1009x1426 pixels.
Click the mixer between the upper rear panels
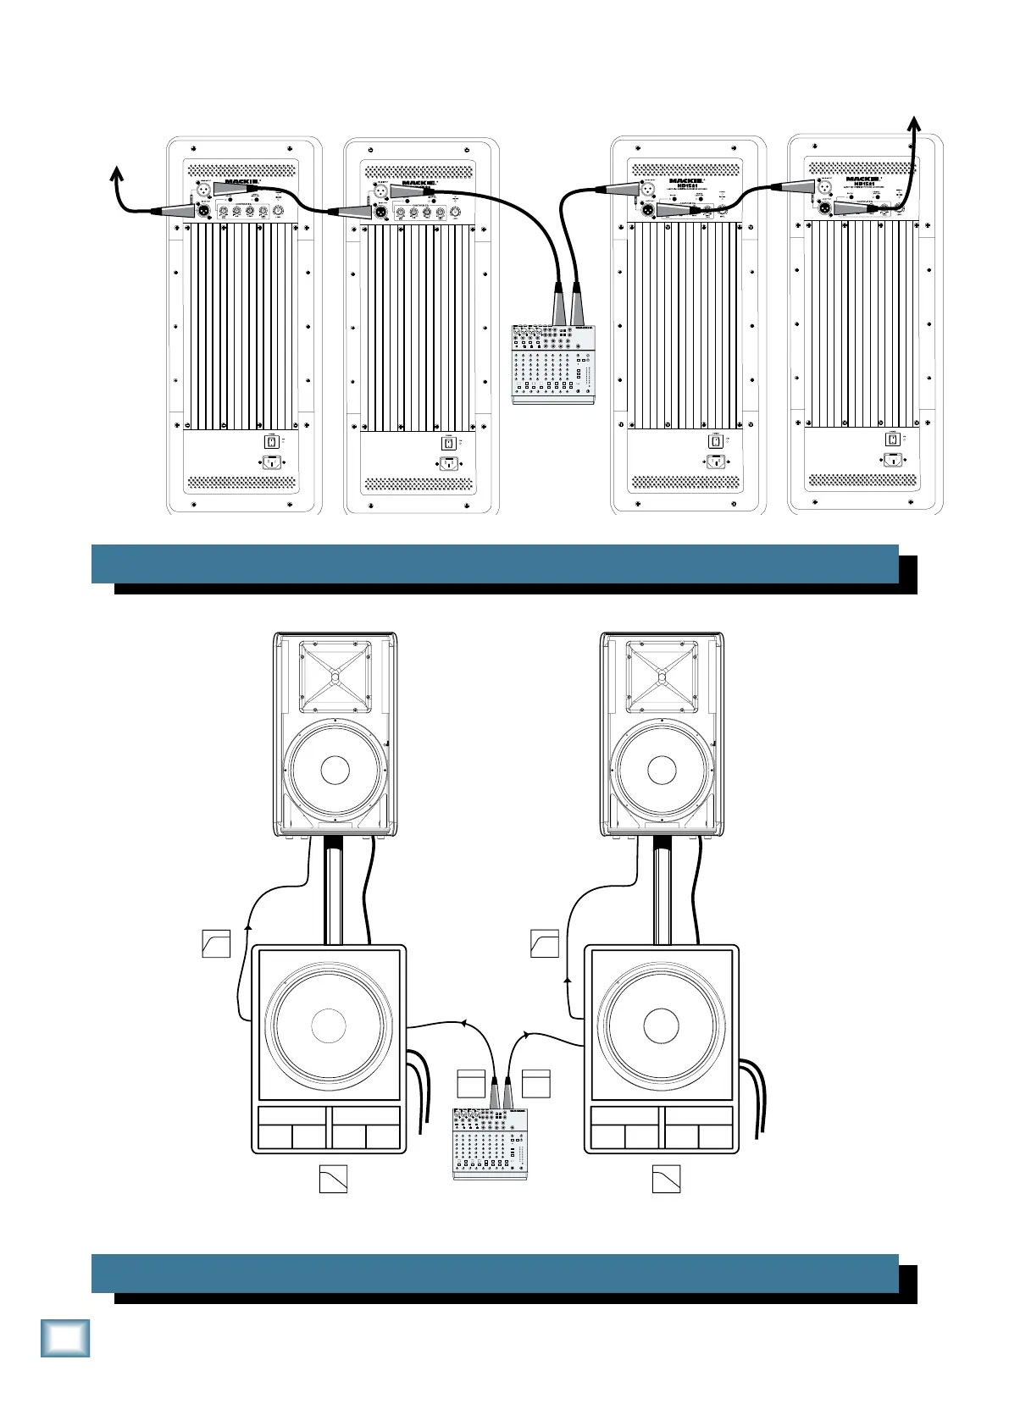click(x=554, y=363)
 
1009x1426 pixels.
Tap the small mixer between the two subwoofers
click(x=490, y=1142)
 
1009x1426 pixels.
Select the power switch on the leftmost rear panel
click(x=271, y=442)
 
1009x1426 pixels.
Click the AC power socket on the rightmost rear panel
click(x=892, y=460)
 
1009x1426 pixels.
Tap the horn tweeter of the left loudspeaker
click(x=335, y=677)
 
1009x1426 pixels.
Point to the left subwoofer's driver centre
click(x=329, y=1025)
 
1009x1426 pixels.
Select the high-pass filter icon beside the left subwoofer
click(x=216, y=943)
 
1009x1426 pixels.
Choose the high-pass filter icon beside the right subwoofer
click(x=544, y=943)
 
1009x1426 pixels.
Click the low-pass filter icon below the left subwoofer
click(x=333, y=1180)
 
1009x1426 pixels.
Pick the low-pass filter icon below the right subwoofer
click(x=666, y=1180)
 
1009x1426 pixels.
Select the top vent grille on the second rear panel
click(x=419, y=170)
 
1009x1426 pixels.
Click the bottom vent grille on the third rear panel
click(x=686, y=482)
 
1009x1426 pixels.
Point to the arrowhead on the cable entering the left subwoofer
click(x=464, y=1024)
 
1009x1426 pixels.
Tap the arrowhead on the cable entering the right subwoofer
click(x=527, y=1035)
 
